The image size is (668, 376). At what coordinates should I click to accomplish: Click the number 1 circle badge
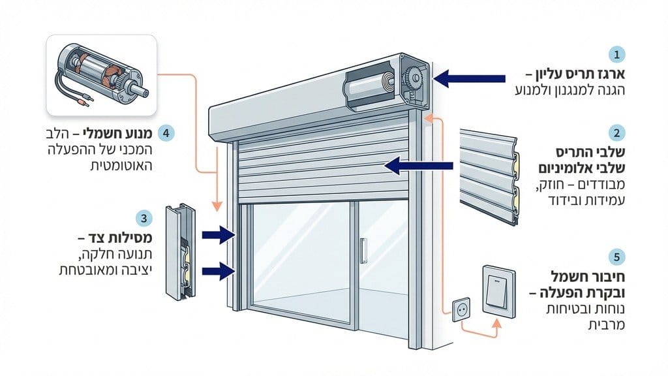(615, 54)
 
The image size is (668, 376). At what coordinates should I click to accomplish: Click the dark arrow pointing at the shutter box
(468, 80)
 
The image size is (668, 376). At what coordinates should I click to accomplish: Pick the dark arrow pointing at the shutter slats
(421, 167)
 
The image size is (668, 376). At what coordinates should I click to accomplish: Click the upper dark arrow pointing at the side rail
(218, 234)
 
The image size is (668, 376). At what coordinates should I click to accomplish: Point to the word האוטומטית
(123, 167)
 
